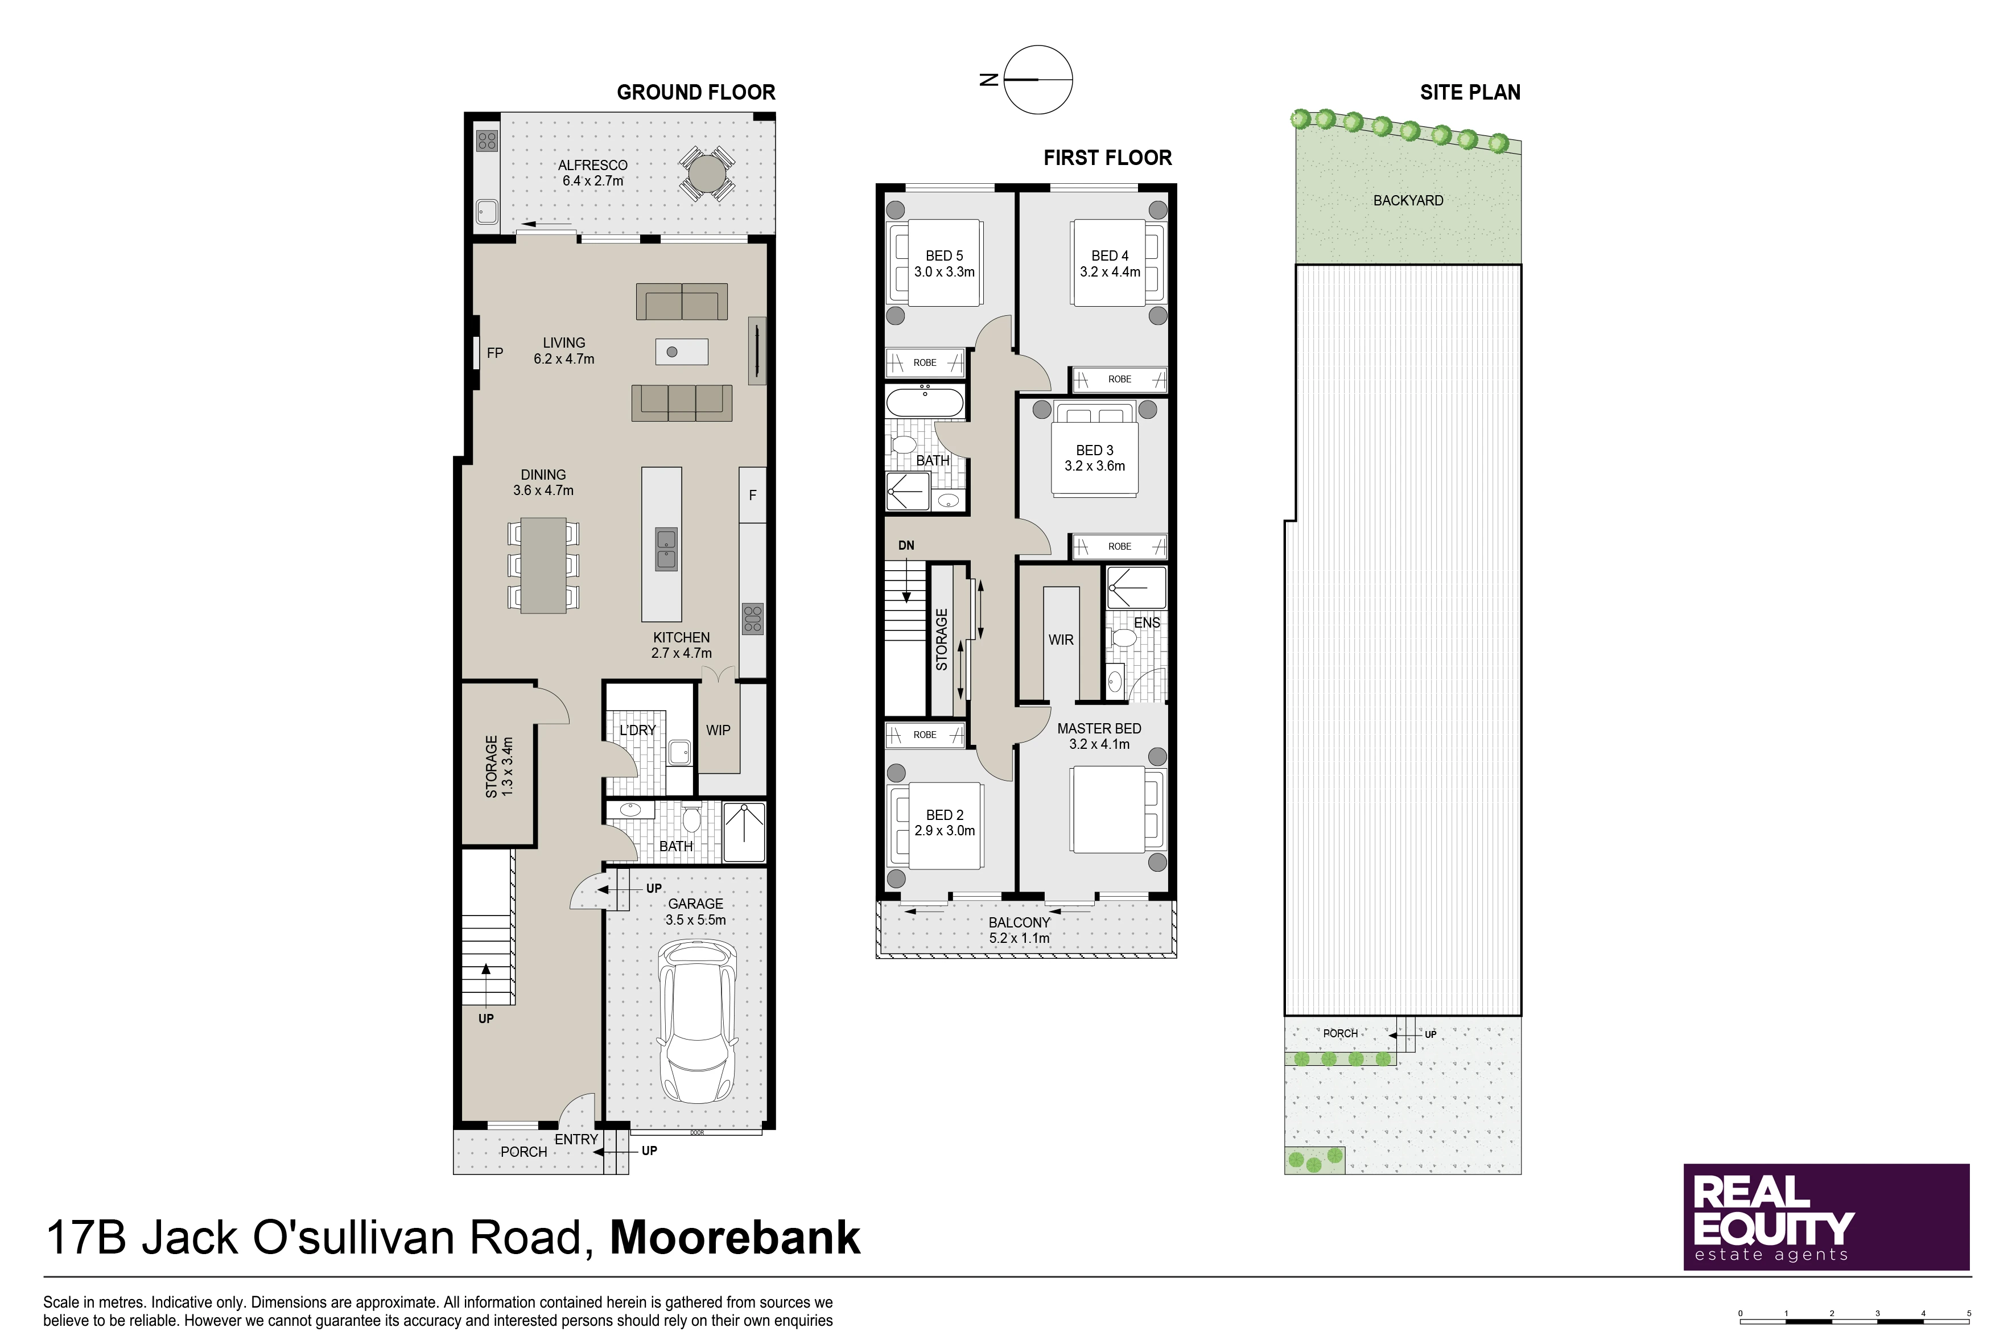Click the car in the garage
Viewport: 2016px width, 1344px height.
(x=698, y=1022)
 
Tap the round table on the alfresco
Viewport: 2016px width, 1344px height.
(x=706, y=174)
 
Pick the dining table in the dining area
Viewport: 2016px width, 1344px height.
(x=543, y=566)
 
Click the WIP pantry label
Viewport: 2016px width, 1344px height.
(x=718, y=730)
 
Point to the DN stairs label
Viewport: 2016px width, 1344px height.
(x=906, y=545)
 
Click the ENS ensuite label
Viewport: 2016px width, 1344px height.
(x=1147, y=623)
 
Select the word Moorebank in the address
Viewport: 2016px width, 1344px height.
(x=735, y=1237)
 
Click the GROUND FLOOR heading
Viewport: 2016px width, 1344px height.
(x=696, y=93)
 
